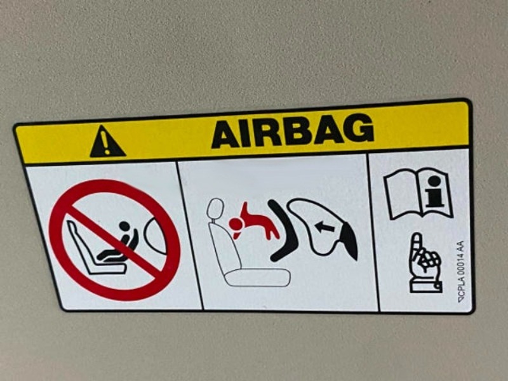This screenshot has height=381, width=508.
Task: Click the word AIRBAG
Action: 293,131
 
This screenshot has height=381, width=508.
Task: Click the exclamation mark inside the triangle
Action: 105,142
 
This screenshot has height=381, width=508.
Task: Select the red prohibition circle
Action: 114,240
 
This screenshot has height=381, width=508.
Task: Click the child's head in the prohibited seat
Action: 124,226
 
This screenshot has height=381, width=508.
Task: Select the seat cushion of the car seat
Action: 258,277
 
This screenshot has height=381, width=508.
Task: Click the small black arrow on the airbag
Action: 324,227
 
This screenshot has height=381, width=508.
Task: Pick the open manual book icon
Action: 418,193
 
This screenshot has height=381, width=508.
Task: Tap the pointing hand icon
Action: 425,263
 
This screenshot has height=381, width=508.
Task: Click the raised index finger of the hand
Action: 418,244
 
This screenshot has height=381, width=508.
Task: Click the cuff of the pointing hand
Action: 425,287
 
